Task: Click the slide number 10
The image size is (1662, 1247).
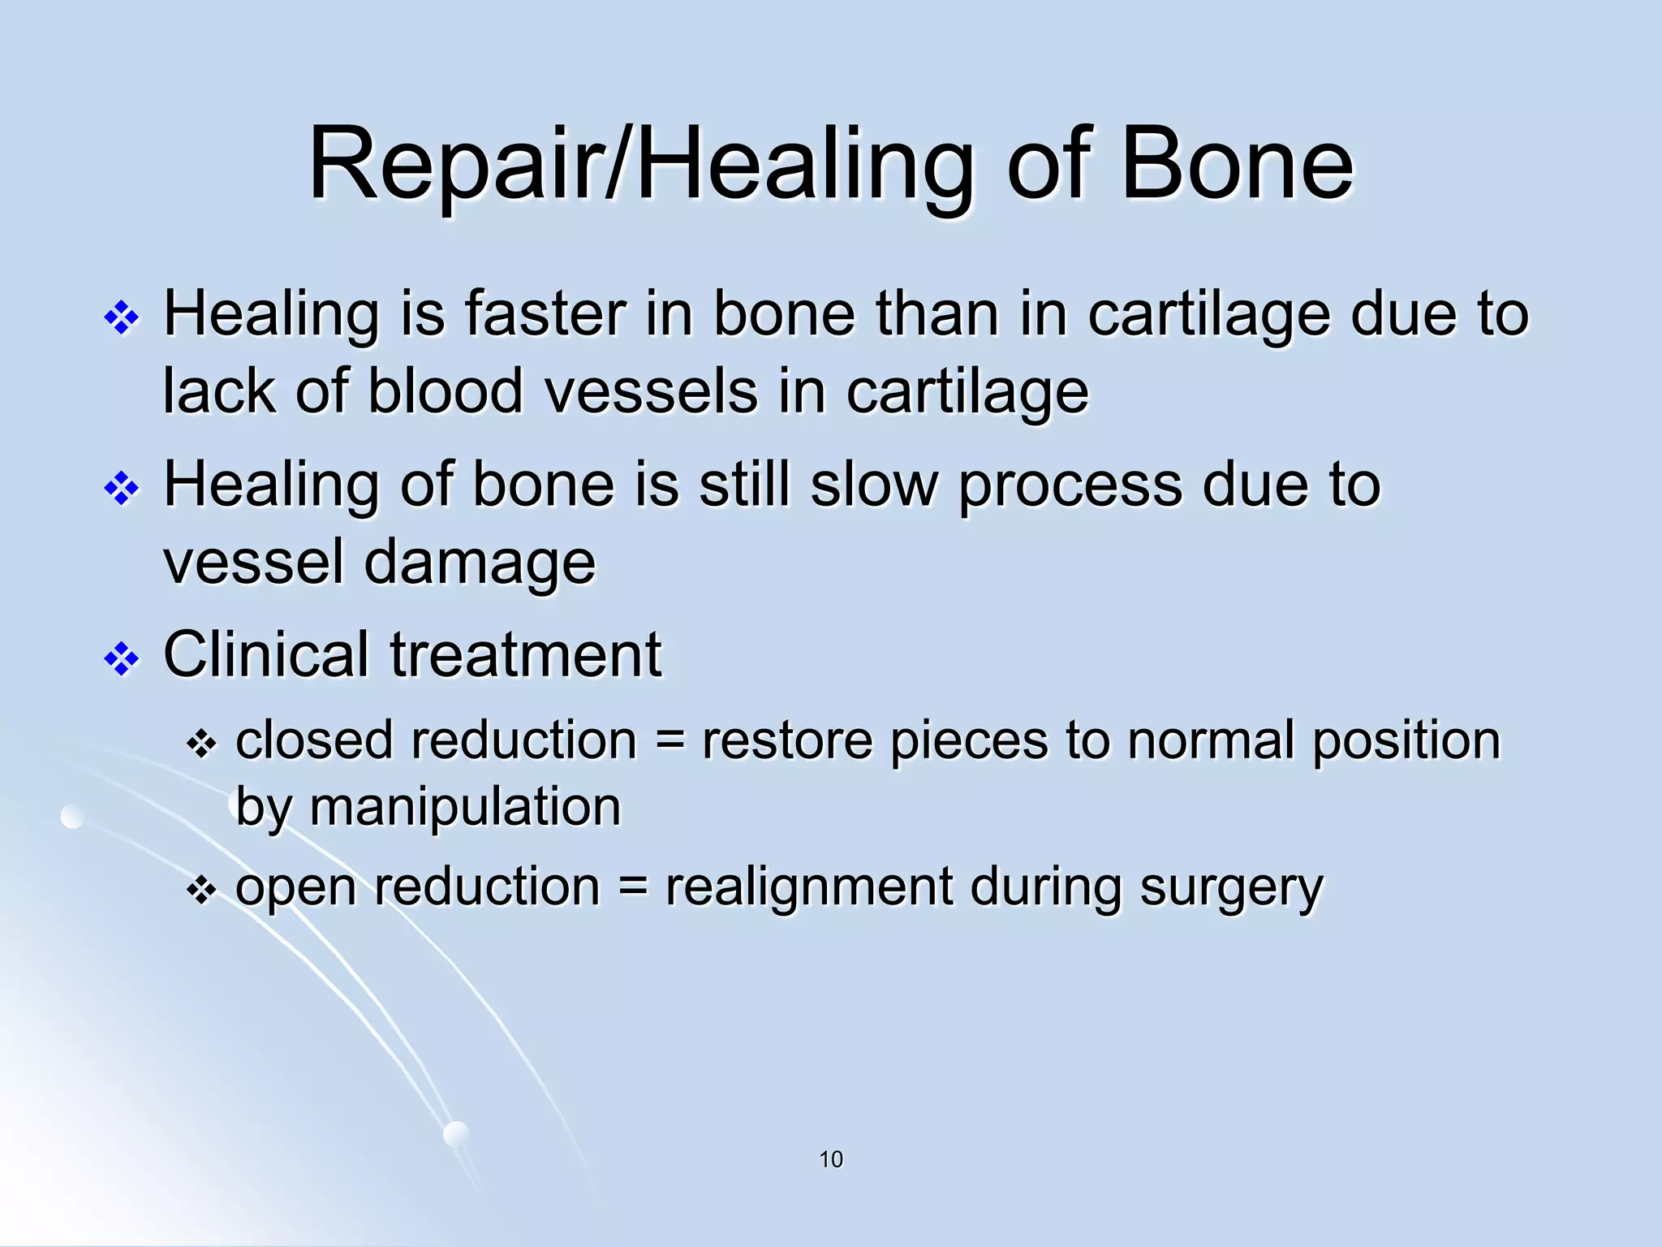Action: pos(831,1159)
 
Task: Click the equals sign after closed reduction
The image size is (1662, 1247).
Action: pos(670,742)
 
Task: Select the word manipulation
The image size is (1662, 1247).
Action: pos(465,808)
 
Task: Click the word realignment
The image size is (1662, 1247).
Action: pos(808,887)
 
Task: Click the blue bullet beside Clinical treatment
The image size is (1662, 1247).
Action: pos(122,659)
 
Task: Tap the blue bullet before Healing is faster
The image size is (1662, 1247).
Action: pos(122,318)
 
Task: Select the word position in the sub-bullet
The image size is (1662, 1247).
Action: pos(1406,742)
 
